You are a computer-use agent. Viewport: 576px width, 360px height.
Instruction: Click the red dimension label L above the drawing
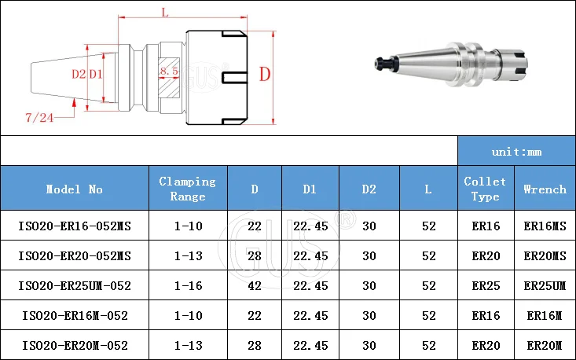tap(165, 13)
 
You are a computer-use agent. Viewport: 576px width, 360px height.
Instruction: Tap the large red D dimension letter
tap(265, 74)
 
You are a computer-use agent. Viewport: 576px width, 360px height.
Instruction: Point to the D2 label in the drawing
tap(79, 75)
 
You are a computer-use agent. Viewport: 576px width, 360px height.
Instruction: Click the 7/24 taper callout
tap(39, 118)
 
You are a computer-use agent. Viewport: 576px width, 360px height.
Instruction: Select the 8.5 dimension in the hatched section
tap(169, 71)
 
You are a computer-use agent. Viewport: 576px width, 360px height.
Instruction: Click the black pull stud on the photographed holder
tap(385, 63)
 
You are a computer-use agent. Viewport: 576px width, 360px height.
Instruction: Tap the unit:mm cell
tap(516, 152)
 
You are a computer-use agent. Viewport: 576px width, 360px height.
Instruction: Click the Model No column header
tap(74, 189)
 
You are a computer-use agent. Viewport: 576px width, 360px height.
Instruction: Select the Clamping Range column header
tap(188, 189)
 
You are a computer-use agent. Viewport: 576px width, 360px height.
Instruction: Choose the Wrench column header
tap(545, 189)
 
